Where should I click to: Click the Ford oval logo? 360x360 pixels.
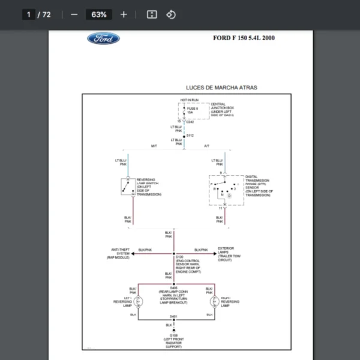coord(104,39)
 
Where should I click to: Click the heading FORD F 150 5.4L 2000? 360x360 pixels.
coord(244,38)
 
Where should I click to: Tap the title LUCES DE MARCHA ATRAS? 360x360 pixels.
coord(221,88)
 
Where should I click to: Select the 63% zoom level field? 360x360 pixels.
coord(98,14)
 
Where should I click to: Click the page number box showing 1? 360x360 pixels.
coord(28,14)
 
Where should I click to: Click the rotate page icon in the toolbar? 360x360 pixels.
coord(171,14)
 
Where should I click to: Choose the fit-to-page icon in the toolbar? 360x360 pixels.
coord(152,14)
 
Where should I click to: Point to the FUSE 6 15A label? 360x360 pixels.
coord(192,110)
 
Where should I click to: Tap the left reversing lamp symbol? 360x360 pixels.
coord(139,301)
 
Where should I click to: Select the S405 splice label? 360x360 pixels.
coord(173,289)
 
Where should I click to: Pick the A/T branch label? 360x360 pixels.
coord(206,146)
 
